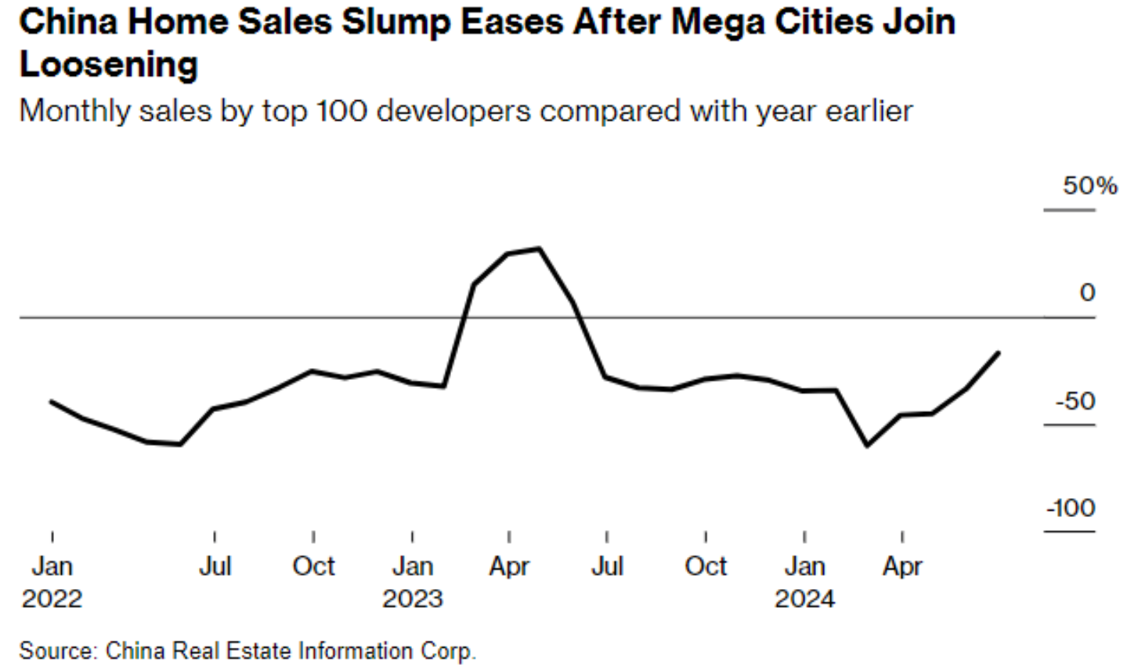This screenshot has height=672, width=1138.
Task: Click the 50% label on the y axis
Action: coord(1089,186)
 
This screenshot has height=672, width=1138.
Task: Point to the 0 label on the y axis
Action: coord(1086,293)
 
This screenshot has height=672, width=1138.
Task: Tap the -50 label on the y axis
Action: coord(1075,401)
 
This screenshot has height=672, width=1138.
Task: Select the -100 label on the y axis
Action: coord(1071,508)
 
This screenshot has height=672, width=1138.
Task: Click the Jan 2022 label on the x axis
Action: coord(52,582)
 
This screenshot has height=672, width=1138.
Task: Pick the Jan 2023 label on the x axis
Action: coord(412,582)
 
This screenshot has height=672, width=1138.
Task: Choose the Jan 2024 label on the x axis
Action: coord(804,582)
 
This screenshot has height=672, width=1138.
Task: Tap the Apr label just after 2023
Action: coord(509,566)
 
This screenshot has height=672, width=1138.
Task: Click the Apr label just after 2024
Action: coord(902,566)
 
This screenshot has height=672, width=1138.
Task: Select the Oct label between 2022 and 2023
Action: coord(313,566)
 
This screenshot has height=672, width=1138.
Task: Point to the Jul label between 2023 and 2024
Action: coord(607,566)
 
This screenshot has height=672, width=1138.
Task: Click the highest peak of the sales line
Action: coord(540,248)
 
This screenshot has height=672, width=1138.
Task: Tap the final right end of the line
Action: coord(999,353)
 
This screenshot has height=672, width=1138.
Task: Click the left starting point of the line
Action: coord(51,401)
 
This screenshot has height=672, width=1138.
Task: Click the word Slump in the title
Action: coord(396,22)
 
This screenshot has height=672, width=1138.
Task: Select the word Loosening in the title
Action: coord(108,64)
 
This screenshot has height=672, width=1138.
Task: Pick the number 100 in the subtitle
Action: coord(341,111)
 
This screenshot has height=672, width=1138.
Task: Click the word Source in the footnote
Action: coord(57,651)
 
